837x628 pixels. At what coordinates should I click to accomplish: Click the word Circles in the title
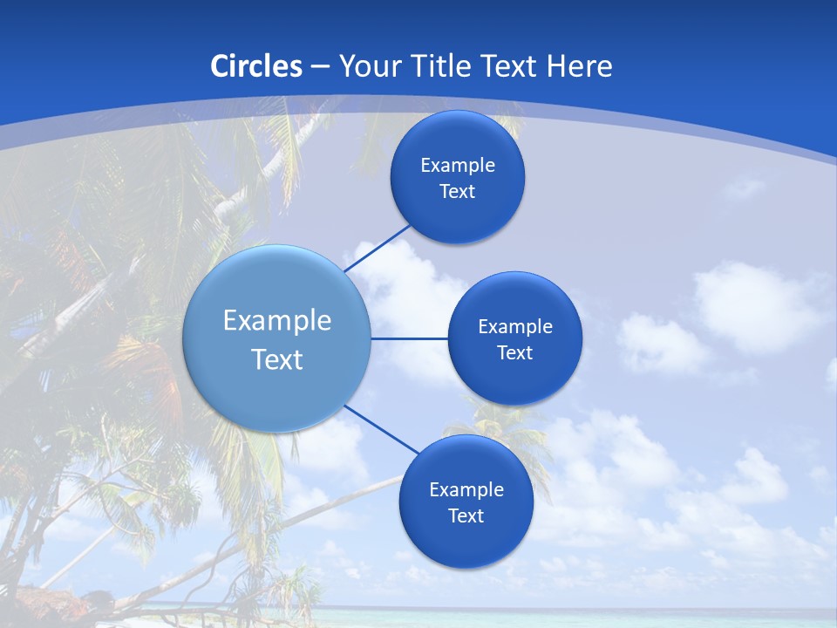pos(256,66)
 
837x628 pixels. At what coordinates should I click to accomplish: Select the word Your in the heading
pos(371,66)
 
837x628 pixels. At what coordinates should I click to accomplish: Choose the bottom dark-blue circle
pos(466,541)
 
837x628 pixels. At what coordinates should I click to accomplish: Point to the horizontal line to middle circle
pos(410,338)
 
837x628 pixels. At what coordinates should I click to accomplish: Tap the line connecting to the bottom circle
pos(382,429)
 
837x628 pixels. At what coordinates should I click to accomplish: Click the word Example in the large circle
pos(277,320)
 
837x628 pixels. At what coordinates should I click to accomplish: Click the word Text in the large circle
pos(277,359)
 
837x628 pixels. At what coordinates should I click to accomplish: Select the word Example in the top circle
pos(458,166)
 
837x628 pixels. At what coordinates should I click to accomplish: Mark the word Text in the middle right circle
pos(515,352)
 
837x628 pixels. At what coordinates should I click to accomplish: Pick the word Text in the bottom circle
pos(466,515)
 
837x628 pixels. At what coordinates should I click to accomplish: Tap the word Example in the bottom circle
pos(466,489)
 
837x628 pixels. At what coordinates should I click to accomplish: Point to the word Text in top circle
pos(458,192)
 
